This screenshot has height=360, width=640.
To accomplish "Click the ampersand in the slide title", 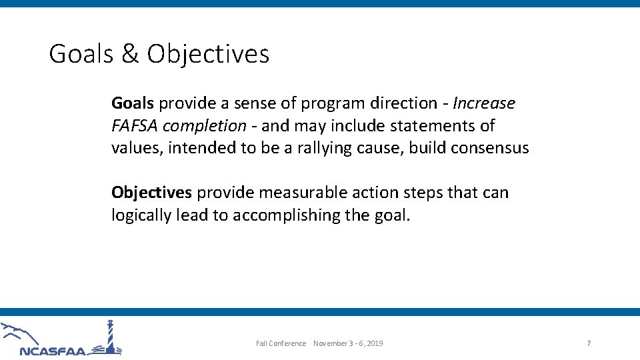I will pos(130,54).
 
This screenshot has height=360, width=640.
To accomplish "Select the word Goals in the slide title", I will pos(81,54).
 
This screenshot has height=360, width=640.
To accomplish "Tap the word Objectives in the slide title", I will pos(208,54).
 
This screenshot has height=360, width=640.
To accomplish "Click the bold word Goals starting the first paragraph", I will pos(133,103).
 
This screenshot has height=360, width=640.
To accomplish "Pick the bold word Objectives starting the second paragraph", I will pos(151,193).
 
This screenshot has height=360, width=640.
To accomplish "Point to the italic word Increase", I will pos(484,103).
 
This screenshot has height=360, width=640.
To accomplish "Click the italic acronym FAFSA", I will pos(135,126).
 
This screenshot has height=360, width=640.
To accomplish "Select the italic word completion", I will pos(204,126).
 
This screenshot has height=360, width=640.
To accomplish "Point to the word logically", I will pos(141,215).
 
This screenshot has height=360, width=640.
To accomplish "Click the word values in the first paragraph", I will pos(137,148).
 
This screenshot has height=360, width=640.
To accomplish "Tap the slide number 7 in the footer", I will pos(589,343).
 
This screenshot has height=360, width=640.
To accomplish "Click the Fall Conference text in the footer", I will pos(281,343).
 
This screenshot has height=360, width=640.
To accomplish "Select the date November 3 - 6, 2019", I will pos(348,343).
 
